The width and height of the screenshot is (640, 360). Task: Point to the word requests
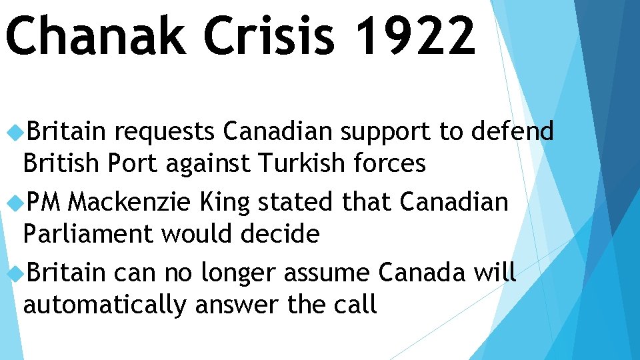point(164,133)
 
